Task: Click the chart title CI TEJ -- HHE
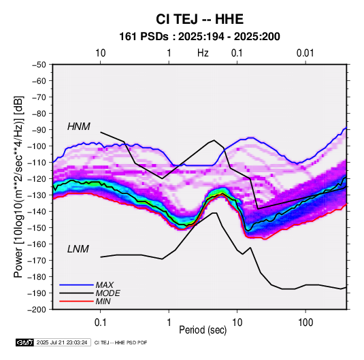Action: click(x=199, y=19)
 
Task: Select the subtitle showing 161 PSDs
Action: click(x=199, y=37)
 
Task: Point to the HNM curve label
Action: click(x=79, y=127)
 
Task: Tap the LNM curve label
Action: click(x=78, y=249)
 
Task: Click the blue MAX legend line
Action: click(x=76, y=284)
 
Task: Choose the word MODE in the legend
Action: click(x=107, y=293)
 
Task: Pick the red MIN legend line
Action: click(x=76, y=301)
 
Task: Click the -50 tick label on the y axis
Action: click(x=39, y=65)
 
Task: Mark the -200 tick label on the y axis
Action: click(x=37, y=310)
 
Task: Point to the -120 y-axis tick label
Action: click(x=37, y=179)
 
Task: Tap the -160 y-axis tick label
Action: click(x=37, y=244)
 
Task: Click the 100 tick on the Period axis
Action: click(x=305, y=323)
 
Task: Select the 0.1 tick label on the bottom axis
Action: click(x=100, y=323)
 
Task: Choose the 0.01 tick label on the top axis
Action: click(x=305, y=53)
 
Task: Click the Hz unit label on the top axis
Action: click(x=203, y=53)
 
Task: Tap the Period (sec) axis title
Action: click(x=203, y=330)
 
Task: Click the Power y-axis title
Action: click(x=19, y=186)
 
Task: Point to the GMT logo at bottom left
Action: click(x=24, y=342)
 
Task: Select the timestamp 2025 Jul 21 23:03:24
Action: click(x=62, y=342)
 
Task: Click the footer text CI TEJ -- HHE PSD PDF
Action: click(x=120, y=342)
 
